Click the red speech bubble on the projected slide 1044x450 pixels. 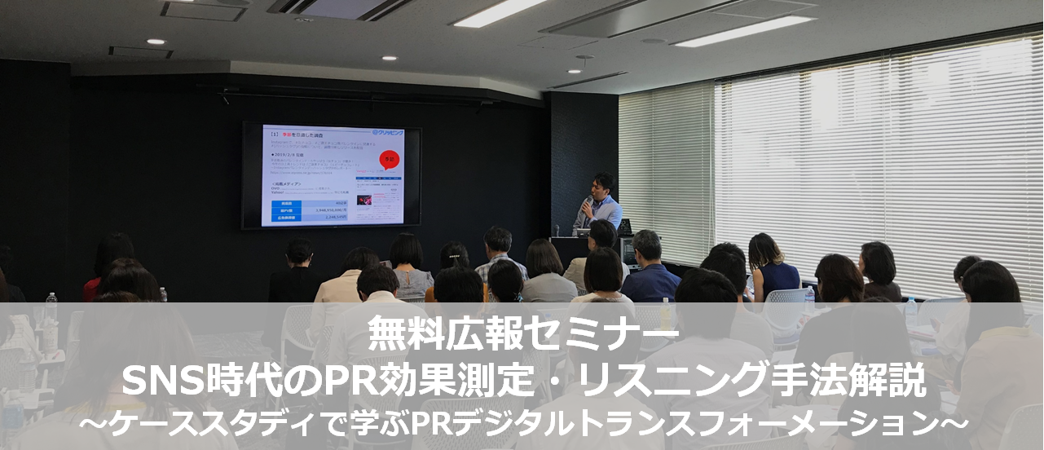click(390, 159)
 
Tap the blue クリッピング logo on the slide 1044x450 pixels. click(388, 132)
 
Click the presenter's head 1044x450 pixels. click(603, 183)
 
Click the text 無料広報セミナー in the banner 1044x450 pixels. click(522, 333)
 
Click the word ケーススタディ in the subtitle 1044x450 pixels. click(182, 423)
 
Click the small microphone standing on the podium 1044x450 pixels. click(557, 231)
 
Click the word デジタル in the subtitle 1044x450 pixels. click(524, 423)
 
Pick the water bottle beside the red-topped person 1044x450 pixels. click(51, 308)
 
